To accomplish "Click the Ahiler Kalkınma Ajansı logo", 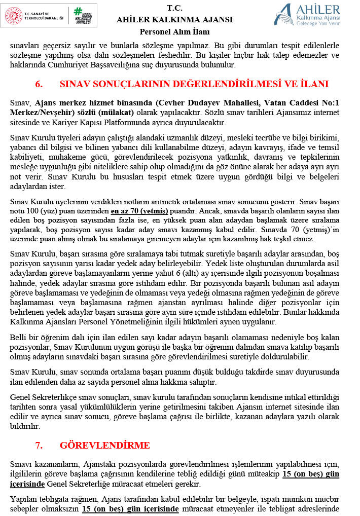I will (307, 14).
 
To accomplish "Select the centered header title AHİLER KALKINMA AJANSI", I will (174, 20).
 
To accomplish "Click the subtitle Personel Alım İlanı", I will (174, 31).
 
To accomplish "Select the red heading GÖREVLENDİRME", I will (105, 446).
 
